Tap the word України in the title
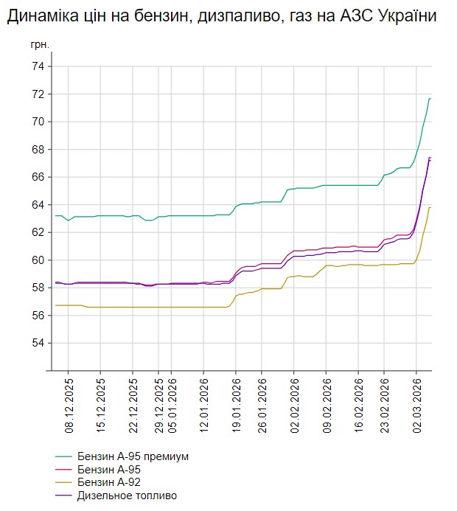(x=405, y=16)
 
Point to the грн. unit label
(x=40, y=45)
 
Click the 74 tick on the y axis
(x=37, y=66)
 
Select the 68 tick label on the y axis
(x=37, y=150)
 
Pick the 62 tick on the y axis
(x=37, y=232)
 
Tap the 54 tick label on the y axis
(x=37, y=343)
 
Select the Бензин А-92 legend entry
(x=108, y=482)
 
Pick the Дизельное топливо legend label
(x=127, y=496)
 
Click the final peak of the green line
(x=430, y=99)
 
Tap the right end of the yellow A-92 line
(x=430, y=207)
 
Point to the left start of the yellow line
(x=55, y=305)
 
